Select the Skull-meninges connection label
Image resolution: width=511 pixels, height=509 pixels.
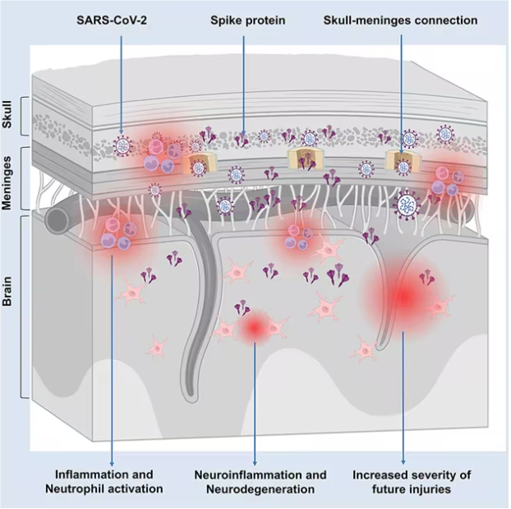(x=401, y=20)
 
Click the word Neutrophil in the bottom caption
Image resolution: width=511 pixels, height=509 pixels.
(x=79, y=489)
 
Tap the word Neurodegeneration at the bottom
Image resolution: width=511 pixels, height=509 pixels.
(x=255, y=489)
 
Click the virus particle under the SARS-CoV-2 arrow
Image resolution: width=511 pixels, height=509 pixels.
(x=122, y=146)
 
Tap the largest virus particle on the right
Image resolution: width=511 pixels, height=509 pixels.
(x=408, y=203)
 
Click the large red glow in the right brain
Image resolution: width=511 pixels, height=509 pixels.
(x=403, y=294)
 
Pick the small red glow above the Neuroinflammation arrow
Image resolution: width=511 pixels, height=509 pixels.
(x=255, y=328)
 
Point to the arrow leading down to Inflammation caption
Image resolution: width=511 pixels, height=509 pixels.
(x=111, y=361)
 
